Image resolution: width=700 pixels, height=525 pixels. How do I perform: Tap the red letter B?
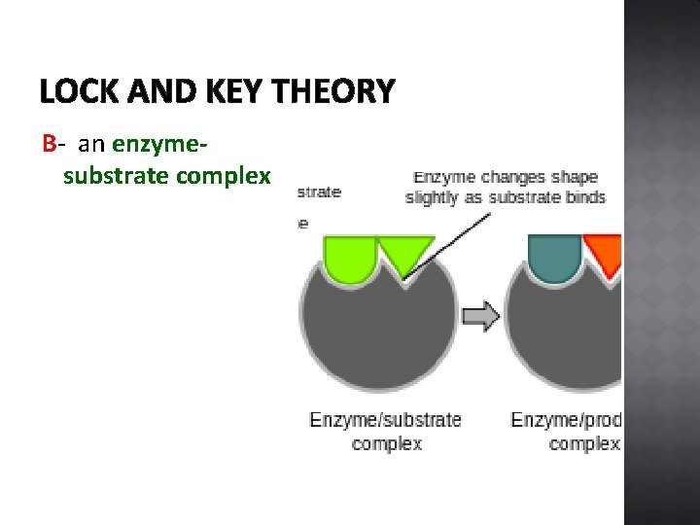click(x=49, y=145)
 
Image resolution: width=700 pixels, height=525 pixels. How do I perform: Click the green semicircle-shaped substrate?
click(x=349, y=258)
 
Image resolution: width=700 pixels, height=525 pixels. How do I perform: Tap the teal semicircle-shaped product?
click(x=554, y=256)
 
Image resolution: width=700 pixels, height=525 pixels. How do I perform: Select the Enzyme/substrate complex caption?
click(x=385, y=432)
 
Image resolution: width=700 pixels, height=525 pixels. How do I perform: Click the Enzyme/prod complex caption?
click(x=567, y=432)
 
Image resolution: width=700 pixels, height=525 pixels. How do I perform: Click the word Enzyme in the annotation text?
click(x=444, y=177)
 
